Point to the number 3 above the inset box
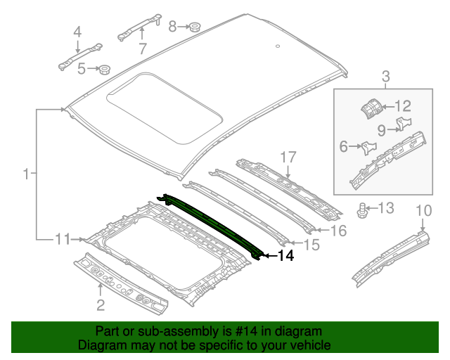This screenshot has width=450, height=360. (385, 76)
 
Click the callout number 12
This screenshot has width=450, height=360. (402, 106)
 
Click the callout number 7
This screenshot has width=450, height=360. (142, 49)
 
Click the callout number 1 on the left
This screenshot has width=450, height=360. (26, 174)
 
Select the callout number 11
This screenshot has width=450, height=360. (63, 240)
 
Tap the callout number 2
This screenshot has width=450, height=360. (100, 304)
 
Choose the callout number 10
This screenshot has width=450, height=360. (423, 210)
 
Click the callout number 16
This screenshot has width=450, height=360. (338, 231)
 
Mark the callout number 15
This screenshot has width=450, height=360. (311, 244)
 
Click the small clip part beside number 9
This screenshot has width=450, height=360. (402, 124)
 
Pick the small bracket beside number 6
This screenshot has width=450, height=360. (367, 147)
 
